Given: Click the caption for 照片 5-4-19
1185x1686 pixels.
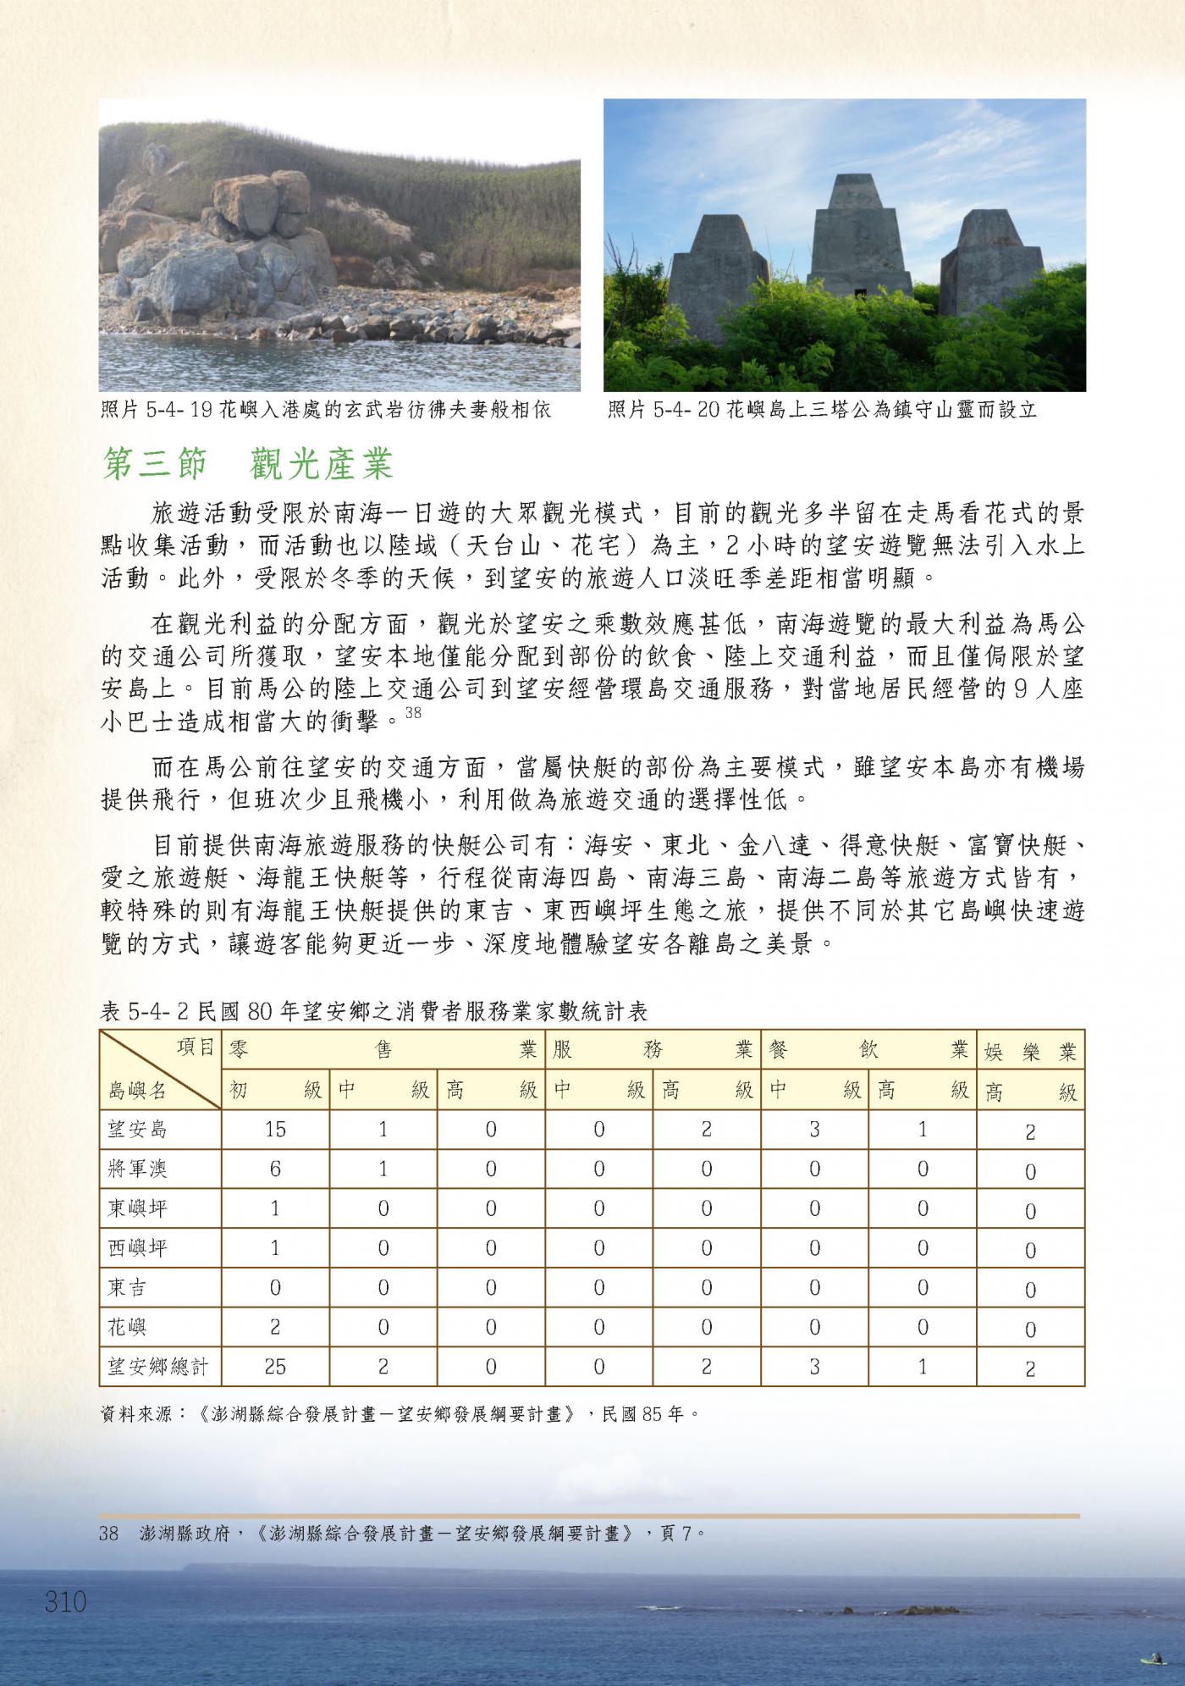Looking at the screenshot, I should point(326,411).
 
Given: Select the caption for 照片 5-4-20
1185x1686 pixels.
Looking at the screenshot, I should point(822,411).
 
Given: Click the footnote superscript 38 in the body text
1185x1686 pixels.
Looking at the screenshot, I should point(413,713).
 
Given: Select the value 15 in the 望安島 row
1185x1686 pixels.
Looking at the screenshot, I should point(275,1129).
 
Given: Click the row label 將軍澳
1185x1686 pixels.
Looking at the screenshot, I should point(138,1169).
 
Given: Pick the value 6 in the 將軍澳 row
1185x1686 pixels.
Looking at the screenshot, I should point(275,1169).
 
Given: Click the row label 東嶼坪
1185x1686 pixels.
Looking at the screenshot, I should point(138,1208).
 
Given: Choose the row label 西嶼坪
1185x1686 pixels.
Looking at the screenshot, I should point(138,1247).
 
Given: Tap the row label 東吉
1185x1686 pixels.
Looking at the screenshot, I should point(128,1287).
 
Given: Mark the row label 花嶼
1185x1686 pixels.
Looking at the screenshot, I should point(128,1326).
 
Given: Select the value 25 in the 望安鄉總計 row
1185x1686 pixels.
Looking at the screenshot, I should point(275,1366).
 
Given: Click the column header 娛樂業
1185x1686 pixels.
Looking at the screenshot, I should point(1030,1053).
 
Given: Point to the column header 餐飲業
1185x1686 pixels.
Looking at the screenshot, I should point(868,1050).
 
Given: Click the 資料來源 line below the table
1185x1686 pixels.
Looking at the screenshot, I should point(398,1413).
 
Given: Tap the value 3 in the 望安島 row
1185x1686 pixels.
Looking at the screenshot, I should point(814,1129).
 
